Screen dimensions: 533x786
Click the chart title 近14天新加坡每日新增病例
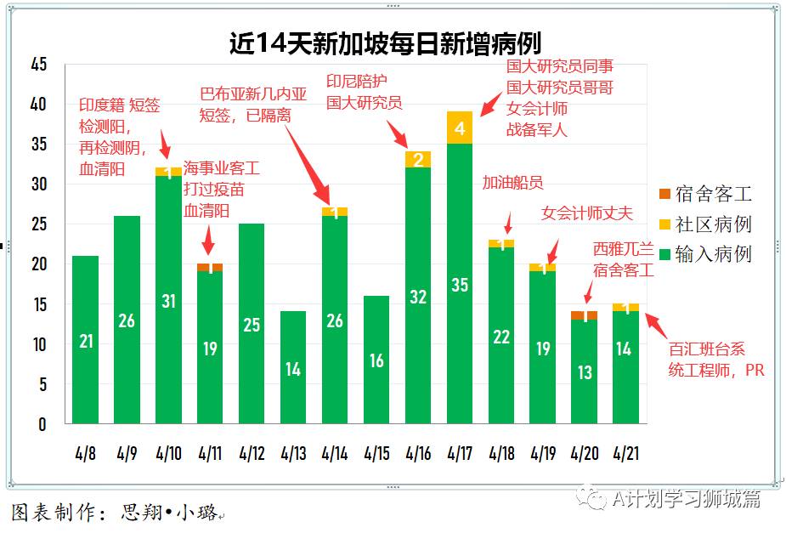click(x=385, y=43)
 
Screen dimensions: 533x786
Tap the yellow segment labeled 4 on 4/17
click(x=460, y=128)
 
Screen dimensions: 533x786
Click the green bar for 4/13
click(x=293, y=367)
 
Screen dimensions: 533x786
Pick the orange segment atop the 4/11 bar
click(x=210, y=268)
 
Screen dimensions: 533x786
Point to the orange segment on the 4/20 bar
click(x=585, y=315)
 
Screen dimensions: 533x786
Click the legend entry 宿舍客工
click(x=712, y=195)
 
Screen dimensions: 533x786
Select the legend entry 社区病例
click(x=712, y=224)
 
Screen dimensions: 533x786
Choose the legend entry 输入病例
click(x=712, y=254)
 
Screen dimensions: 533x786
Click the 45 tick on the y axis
click(x=37, y=65)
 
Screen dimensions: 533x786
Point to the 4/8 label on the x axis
click(x=85, y=452)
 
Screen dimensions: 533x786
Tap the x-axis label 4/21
click(x=625, y=452)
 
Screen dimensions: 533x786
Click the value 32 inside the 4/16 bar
click(x=418, y=298)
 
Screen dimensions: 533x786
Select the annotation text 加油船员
click(x=512, y=183)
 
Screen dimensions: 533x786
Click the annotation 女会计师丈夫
click(x=587, y=213)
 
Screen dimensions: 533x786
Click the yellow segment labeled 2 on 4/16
click(x=418, y=160)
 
